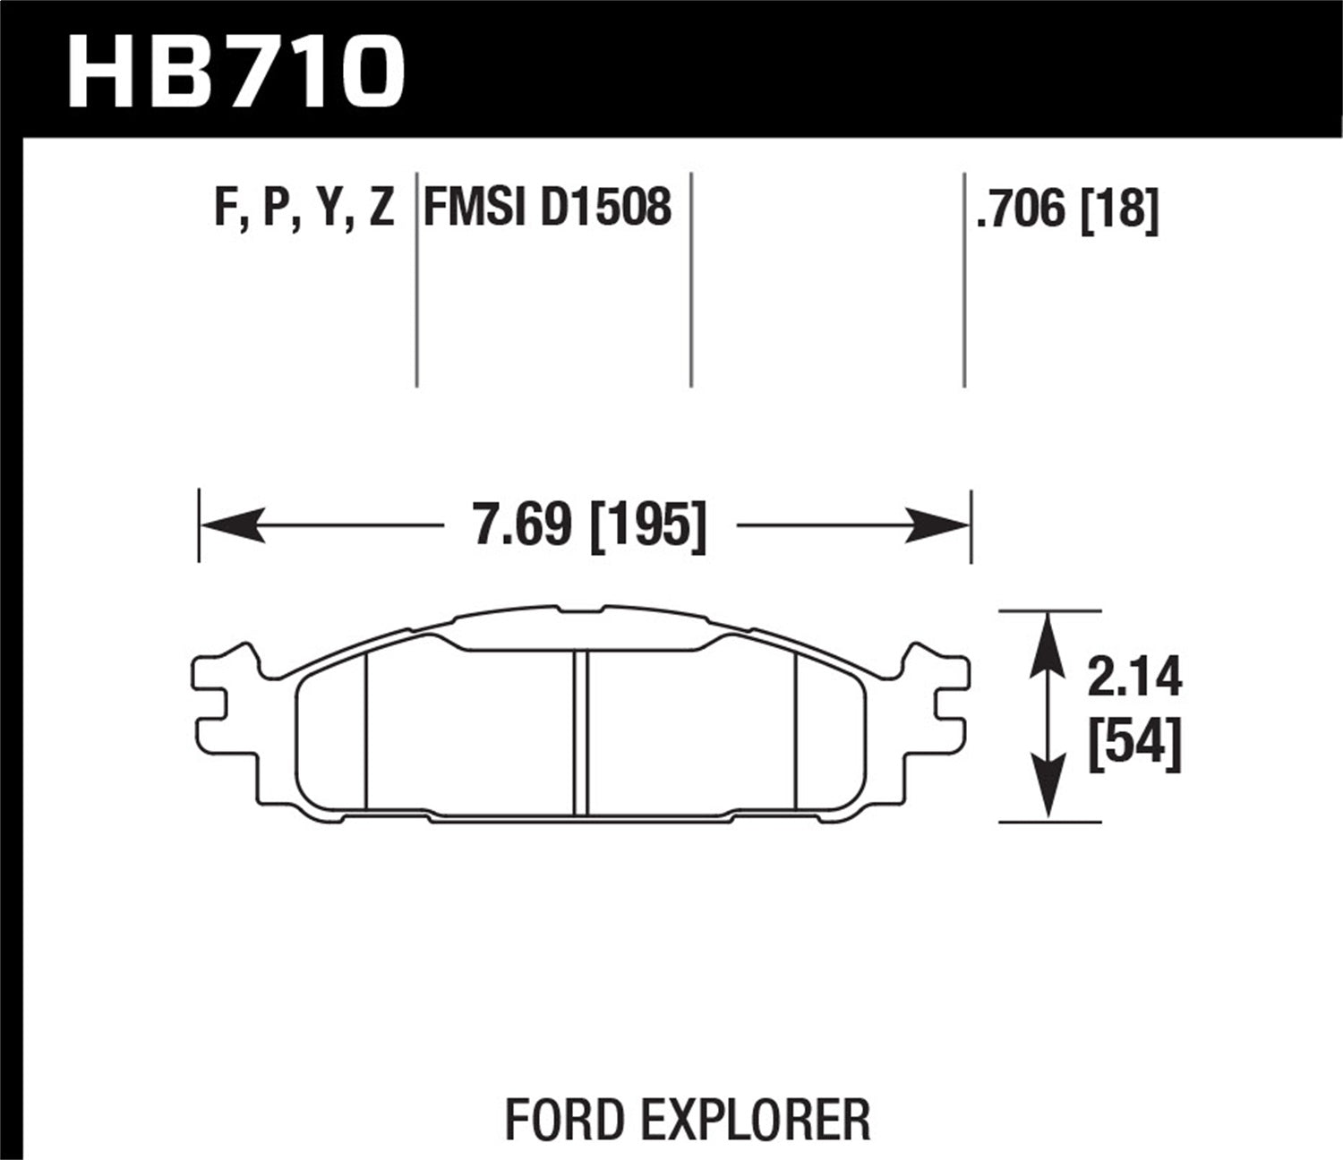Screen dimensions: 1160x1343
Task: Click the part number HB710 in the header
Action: pyautogui.click(x=235, y=70)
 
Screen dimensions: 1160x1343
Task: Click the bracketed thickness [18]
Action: pyautogui.click(x=1120, y=209)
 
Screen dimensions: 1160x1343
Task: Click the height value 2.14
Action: pyautogui.click(x=1134, y=678)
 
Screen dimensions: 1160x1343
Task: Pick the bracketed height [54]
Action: pyautogui.click(x=1134, y=745)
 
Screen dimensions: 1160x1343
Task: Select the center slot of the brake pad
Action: pyautogui.click(x=581, y=732)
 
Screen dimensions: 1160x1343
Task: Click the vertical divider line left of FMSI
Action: pyautogui.click(x=417, y=277)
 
